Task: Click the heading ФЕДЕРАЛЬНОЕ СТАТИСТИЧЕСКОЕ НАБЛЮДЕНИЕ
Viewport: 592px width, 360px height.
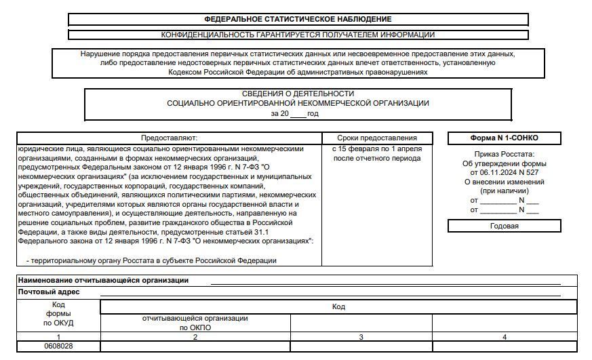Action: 298,20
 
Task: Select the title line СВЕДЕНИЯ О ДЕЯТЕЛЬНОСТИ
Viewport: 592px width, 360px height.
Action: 298,94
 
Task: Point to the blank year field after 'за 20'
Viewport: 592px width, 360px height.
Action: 298,114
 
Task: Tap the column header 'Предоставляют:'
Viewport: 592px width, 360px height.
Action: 169,138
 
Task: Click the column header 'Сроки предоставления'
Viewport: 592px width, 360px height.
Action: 377,138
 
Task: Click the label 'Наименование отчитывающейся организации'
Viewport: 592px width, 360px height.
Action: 103,280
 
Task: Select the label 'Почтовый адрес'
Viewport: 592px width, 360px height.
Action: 49,292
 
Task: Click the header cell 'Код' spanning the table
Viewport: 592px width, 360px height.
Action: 338,307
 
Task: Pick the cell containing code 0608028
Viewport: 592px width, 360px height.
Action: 59,346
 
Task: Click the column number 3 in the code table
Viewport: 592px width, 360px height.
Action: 361,337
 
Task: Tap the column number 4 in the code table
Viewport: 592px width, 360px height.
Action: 504,337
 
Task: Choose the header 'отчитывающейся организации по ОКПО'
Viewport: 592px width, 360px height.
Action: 195,323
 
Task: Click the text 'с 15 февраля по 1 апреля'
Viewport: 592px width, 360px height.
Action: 377,148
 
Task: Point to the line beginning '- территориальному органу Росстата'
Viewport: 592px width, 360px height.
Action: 151,260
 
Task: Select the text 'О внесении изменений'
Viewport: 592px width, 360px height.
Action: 505,182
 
